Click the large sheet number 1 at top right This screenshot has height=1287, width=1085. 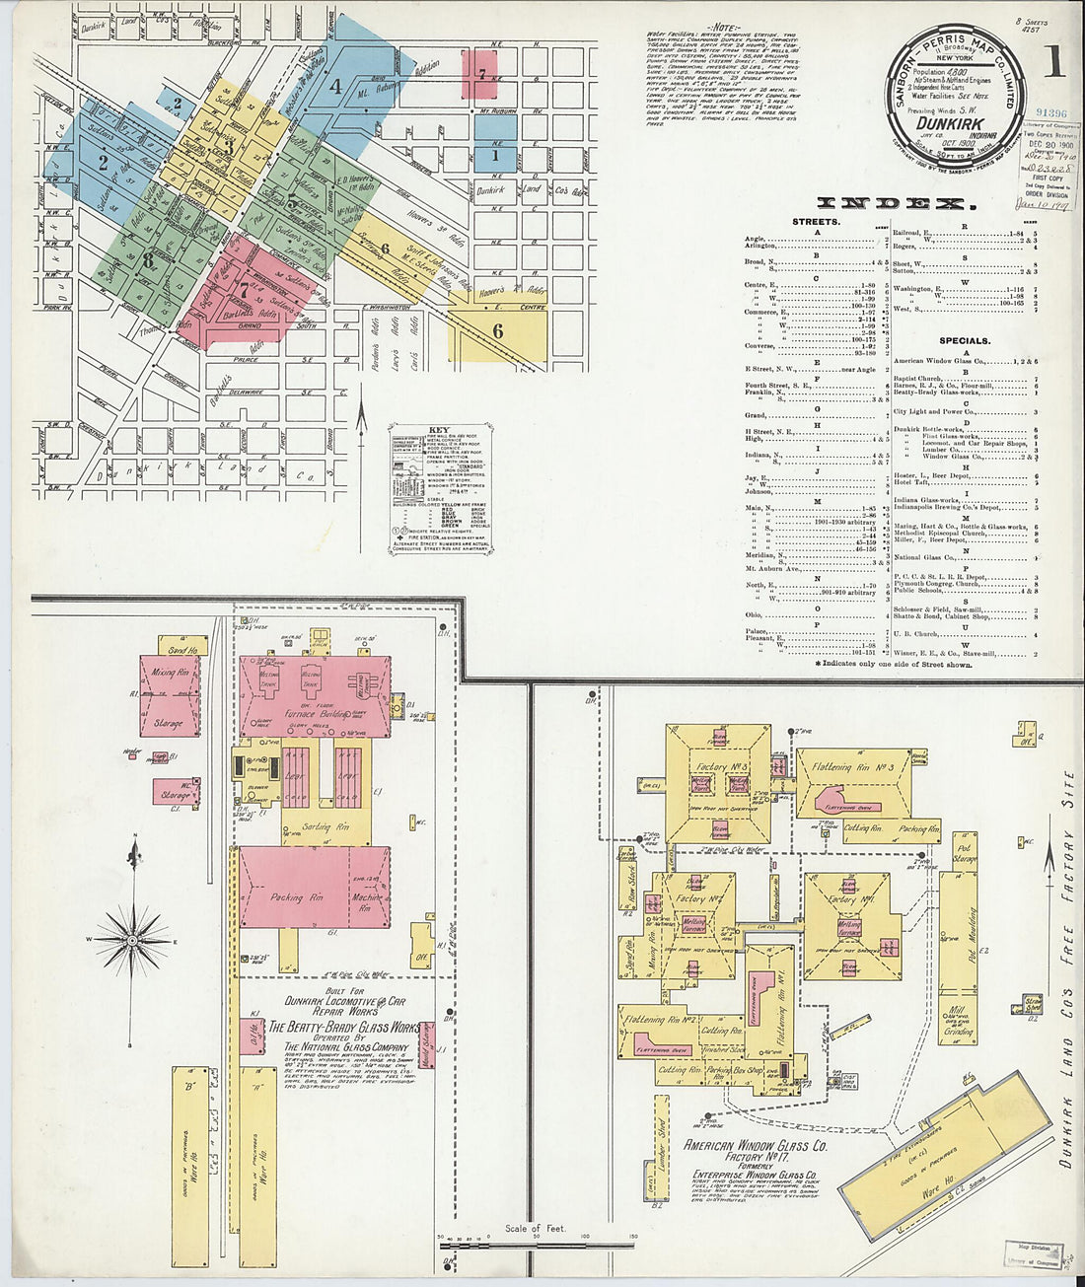coord(1052,65)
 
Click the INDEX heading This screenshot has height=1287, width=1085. coord(891,204)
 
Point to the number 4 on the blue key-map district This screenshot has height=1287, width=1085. coord(335,86)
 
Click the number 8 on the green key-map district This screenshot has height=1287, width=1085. coord(148,260)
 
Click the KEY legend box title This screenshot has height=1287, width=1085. coord(439,430)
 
